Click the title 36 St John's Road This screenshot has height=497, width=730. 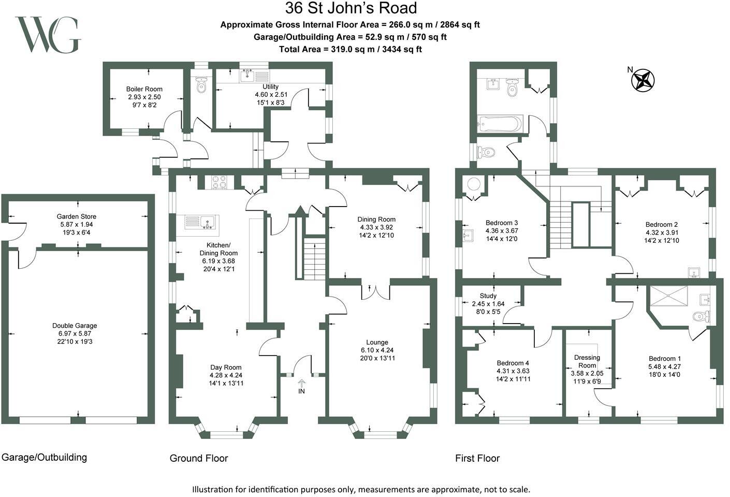tap(351, 8)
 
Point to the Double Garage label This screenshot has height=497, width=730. tap(75, 326)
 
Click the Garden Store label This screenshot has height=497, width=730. tap(77, 216)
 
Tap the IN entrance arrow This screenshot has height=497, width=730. tap(302, 384)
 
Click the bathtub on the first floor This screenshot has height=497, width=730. tap(500, 124)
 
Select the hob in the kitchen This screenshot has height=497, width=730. tap(220, 182)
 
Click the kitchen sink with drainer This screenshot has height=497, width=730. tap(201, 222)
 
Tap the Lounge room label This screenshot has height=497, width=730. tap(377, 342)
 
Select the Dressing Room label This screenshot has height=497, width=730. tap(587, 361)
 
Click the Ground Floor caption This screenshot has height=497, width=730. tap(199, 458)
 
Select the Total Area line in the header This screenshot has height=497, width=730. tap(351, 49)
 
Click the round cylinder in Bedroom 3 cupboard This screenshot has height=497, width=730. tap(474, 184)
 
